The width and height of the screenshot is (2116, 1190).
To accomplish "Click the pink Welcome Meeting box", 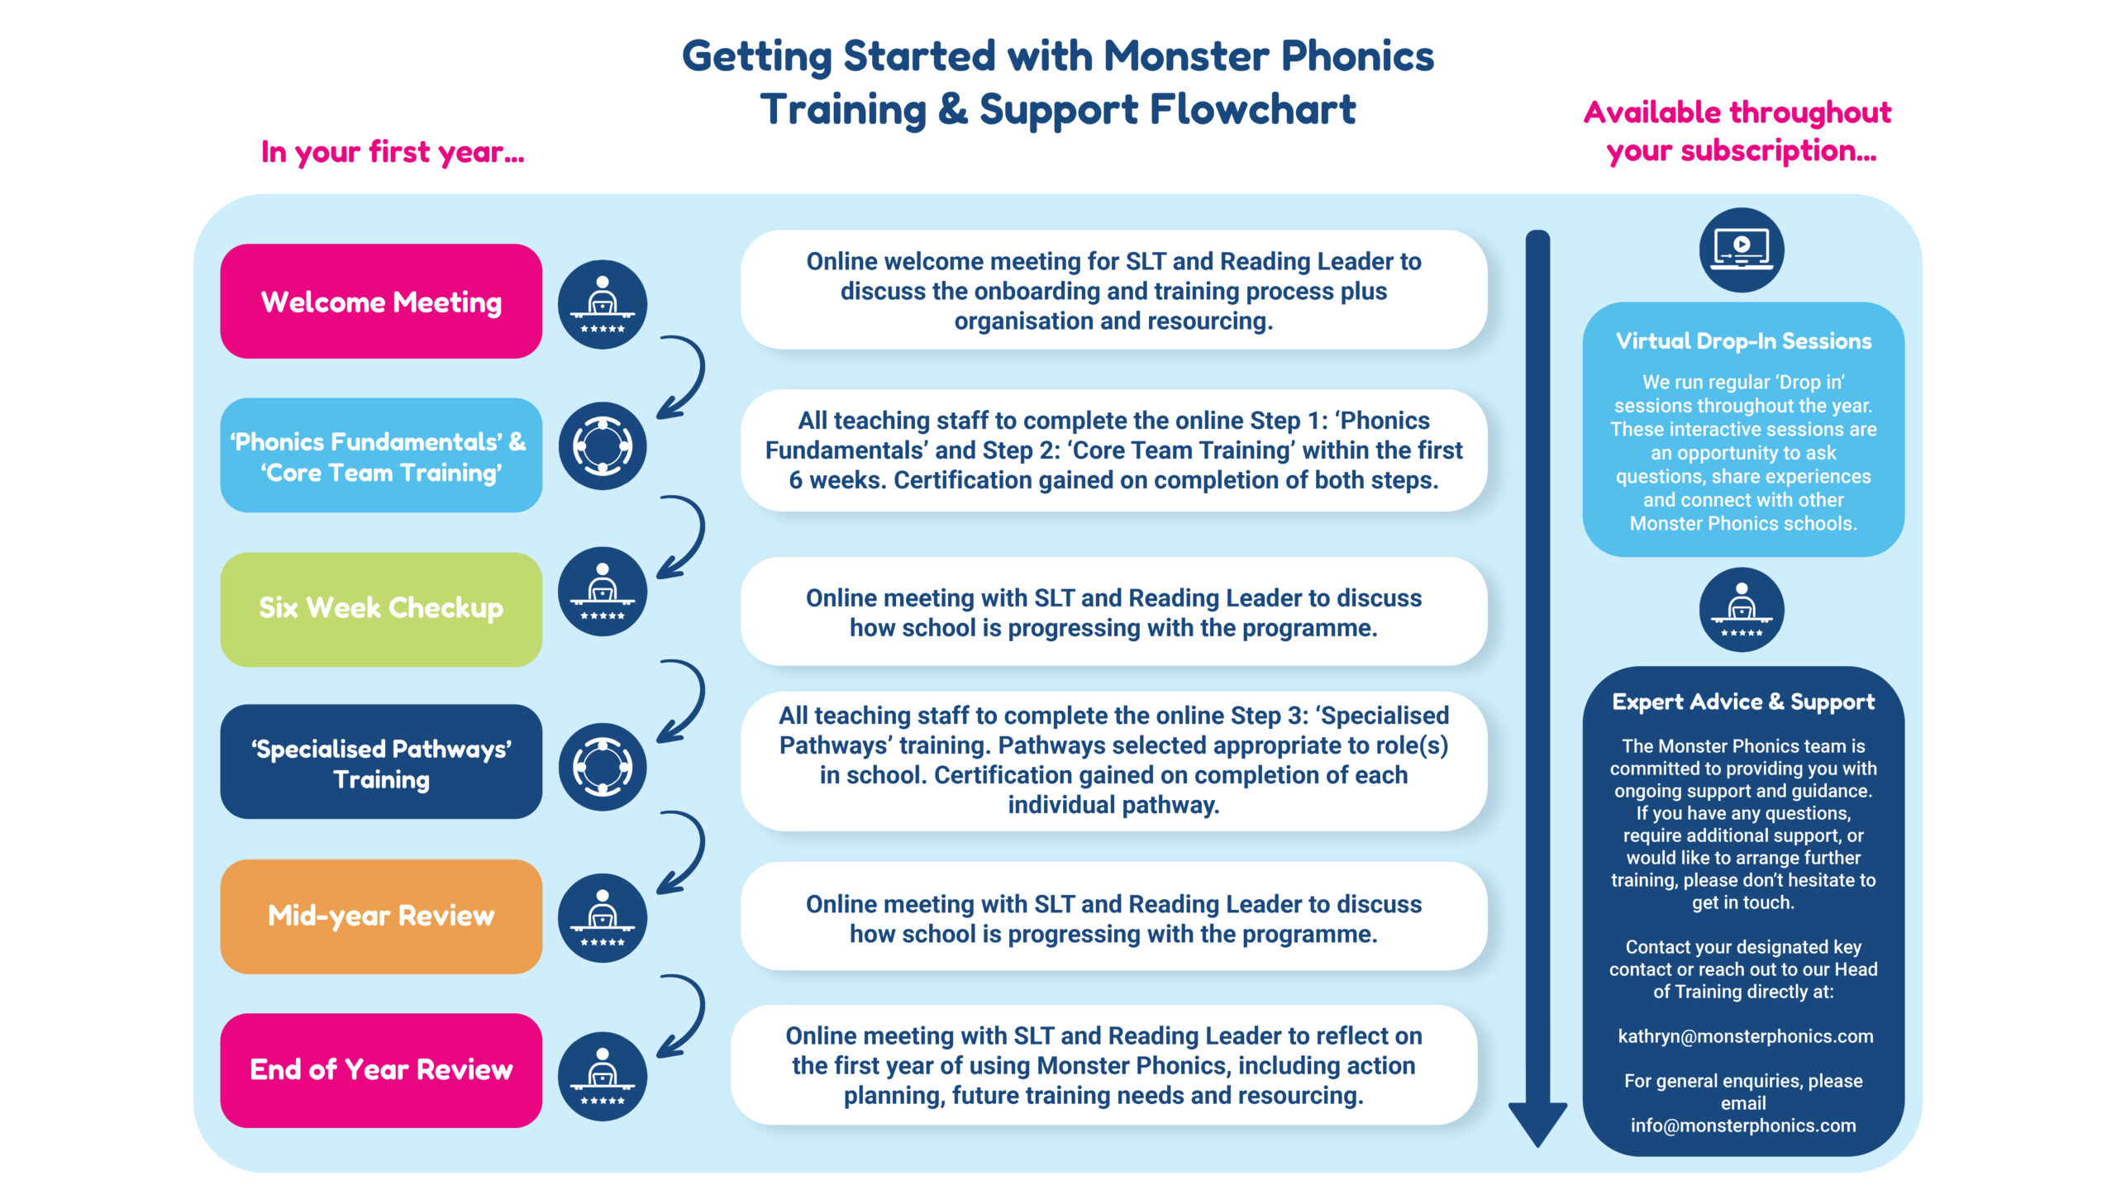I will tap(381, 302).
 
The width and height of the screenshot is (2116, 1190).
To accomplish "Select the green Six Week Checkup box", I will tap(381, 609).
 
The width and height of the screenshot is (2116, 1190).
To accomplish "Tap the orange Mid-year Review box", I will tap(381, 916).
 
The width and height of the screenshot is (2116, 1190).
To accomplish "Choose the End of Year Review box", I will tap(381, 1070).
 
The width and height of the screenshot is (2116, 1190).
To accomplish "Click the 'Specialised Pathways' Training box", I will tap(381, 762).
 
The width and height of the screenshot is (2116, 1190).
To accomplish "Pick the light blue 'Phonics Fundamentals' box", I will tap(381, 455).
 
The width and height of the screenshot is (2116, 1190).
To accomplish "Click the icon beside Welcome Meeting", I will tap(603, 304).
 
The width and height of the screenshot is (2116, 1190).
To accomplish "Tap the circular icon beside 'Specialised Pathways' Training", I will tap(603, 766).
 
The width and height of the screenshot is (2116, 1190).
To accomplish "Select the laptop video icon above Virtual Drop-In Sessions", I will tap(1742, 250).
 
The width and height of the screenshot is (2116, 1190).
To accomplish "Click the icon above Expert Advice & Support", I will tap(1742, 610).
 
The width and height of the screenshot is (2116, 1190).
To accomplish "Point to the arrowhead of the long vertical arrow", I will tap(1537, 1124).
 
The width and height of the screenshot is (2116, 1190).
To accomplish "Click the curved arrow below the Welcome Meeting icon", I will tap(684, 377).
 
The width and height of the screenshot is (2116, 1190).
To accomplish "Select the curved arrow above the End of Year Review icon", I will tap(684, 1016).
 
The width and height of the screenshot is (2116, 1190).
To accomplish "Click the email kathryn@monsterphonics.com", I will tap(1745, 1036).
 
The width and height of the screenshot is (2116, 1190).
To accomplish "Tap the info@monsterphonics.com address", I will tap(1743, 1126).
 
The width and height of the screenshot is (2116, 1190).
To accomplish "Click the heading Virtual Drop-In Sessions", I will tap(1743, 341).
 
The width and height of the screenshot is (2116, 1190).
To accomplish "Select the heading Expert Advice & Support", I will tap(1743, 702).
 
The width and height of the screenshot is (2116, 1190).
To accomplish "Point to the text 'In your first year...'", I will tap(393, 152).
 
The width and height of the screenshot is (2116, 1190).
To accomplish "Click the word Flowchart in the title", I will tap(1252, 109).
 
